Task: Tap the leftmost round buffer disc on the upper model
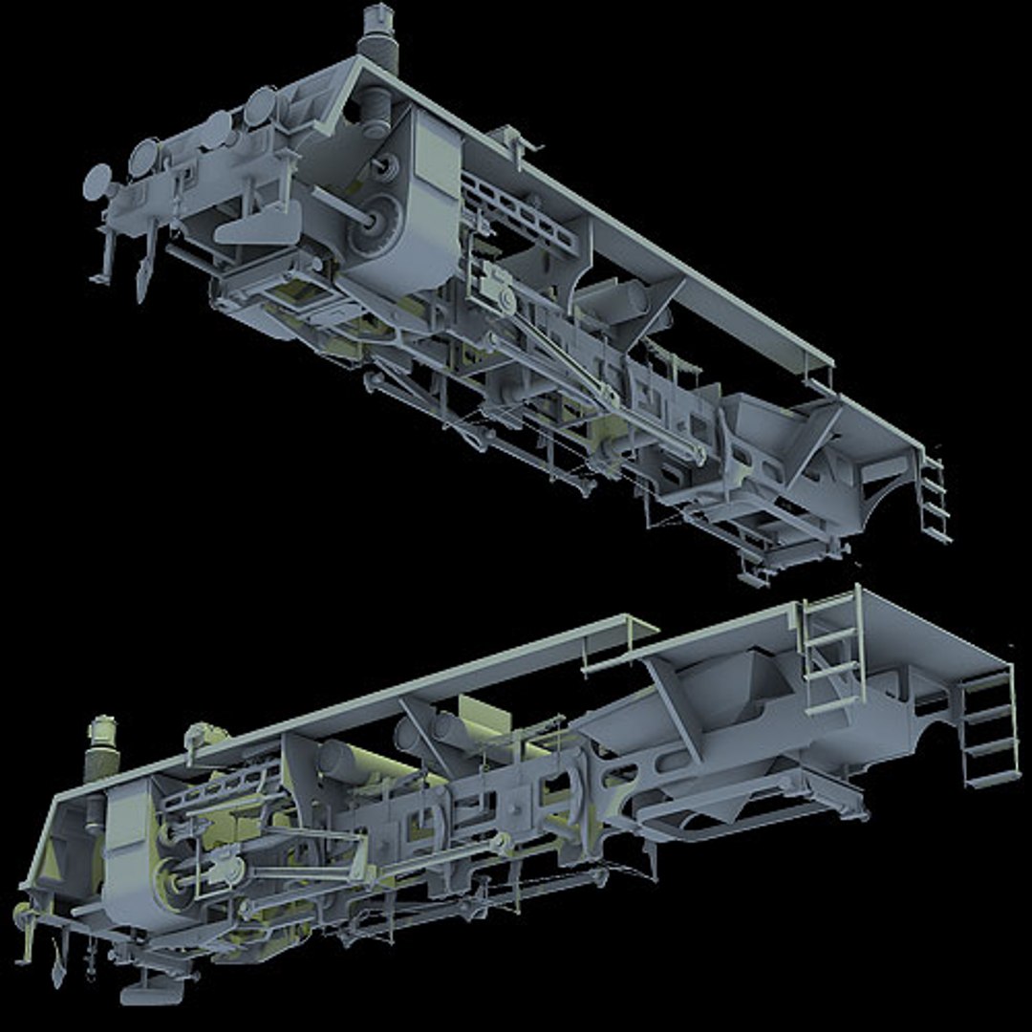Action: pyautogui.click(x=97, y=182)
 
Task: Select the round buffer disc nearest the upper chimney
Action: pyautogui.click(x=259, y=106)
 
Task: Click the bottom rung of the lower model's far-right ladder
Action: pyautogui.click(x=994, y=779)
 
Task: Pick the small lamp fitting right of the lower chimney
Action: pyautogui.click(x=201, y=736)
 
